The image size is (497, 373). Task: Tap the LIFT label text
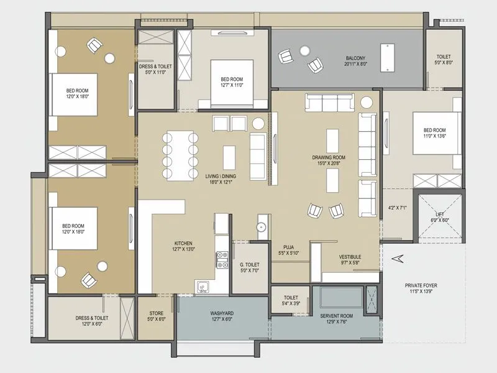click(x=440, y=214)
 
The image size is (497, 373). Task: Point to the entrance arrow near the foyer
click(x=398, y=257)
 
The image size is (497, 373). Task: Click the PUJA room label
click(x=288, y=247)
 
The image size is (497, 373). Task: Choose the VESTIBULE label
click(x=350, y=257)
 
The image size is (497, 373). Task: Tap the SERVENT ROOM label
click(x=337, y=316)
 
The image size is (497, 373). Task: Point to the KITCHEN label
click(x=183, y=243)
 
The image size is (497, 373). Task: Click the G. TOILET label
click(x=249, y=265)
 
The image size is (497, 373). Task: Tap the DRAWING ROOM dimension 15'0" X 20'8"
click(x=329, y=165)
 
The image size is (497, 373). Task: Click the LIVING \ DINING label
click(x=222, y=177)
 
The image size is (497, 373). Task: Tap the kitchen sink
click(x=203, y=286)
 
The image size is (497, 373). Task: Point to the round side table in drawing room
click(x=367, y=102)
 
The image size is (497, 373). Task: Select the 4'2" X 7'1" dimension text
click(x=397, y=208)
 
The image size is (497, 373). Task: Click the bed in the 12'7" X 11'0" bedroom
click(x=231, y=80)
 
